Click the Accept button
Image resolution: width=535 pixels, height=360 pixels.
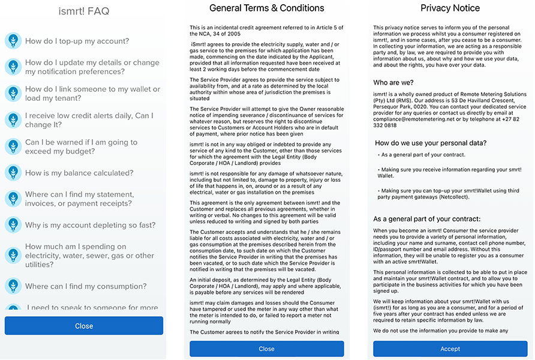pyautogui.click(x=450, y=349)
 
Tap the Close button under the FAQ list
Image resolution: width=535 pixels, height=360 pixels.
pyautogui.click(x=84, y=326)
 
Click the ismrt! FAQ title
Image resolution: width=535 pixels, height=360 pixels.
pyautogui.click(x=84, y=11)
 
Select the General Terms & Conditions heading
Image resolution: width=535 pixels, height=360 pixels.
pyautogui.click(x=267, y=8)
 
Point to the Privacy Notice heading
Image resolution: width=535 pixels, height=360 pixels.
pyautogui.click(x=450, y=8)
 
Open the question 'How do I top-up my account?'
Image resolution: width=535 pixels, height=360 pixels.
pyautogui.click(x=77, y=41)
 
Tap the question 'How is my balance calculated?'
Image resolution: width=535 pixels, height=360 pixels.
pyautogui.click(x=79, y=173)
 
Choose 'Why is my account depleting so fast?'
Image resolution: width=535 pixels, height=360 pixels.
pyautogui.click(x=90, y=225)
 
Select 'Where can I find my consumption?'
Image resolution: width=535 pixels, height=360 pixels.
pyautogui.click(x=86, y=286)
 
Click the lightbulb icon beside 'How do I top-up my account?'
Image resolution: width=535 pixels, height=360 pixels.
pyautogui.click(x=13, y=41)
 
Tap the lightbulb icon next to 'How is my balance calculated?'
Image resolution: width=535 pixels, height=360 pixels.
pyautogui.click(x=13, y=173)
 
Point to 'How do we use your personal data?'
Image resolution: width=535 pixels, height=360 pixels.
pyautogui.click(x=431, y=143)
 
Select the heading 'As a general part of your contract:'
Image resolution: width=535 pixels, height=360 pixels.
pyautogui.click(x=426, y=219)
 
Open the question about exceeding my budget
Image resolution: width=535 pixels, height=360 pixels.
pyautogui.click(x=82, y=147)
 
